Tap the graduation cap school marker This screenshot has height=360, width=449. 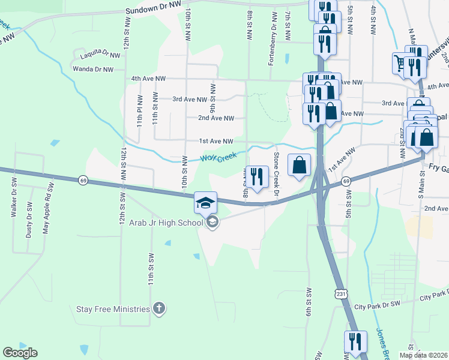coord(205,202)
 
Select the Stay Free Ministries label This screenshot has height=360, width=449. coord(112,309)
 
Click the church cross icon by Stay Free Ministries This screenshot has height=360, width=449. coord(159,309)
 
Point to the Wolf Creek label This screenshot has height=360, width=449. coord(215,158)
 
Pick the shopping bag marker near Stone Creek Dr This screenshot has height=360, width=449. coord(300,164)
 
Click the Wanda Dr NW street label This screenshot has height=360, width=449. coord(92,70)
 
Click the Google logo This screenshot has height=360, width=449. coord(20,353)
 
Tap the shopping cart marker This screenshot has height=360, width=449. coord(401,62)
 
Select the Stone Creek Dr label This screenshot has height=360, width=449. coord(277,174)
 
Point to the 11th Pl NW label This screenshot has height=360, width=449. coord(139,110)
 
